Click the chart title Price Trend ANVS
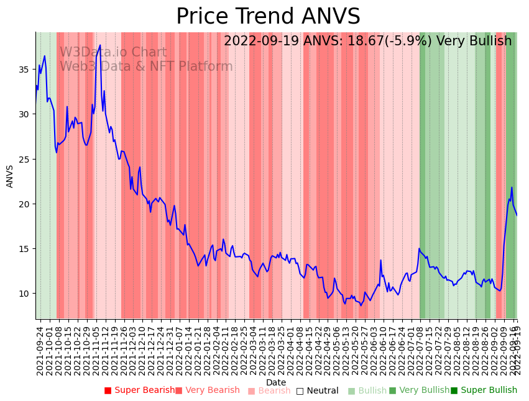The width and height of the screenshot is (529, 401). click(x=268, y=17)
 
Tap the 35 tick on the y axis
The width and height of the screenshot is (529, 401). click(x=25, y=70)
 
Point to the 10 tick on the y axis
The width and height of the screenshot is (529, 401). click(x=25, y=294)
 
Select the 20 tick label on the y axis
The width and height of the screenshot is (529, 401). click(x=25, y=204)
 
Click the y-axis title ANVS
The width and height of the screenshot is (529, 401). click(x=10, y=176)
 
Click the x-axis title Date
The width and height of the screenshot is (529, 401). click(x=276, y=383)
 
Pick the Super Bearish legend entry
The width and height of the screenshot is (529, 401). click(x=140, y=390)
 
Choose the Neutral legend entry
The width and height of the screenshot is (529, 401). click(x=317, y=391)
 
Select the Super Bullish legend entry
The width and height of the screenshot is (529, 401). click(x=484, y=390)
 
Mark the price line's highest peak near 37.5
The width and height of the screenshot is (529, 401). click(x=100, y=45)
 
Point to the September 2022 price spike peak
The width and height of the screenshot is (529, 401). click(x=512, y=187)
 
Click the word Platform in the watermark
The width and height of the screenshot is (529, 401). click(x=205, y=66)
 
